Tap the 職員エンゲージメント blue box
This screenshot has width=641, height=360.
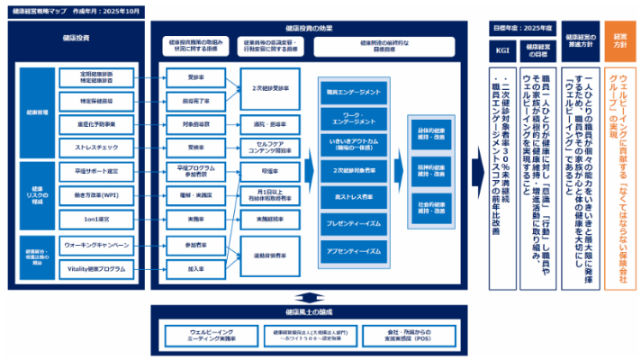tap(357, 94)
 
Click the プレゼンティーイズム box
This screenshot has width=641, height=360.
tap(357, 221)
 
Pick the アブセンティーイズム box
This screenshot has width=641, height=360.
tap(357, 251)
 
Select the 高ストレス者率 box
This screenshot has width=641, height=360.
tap(357, 195)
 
